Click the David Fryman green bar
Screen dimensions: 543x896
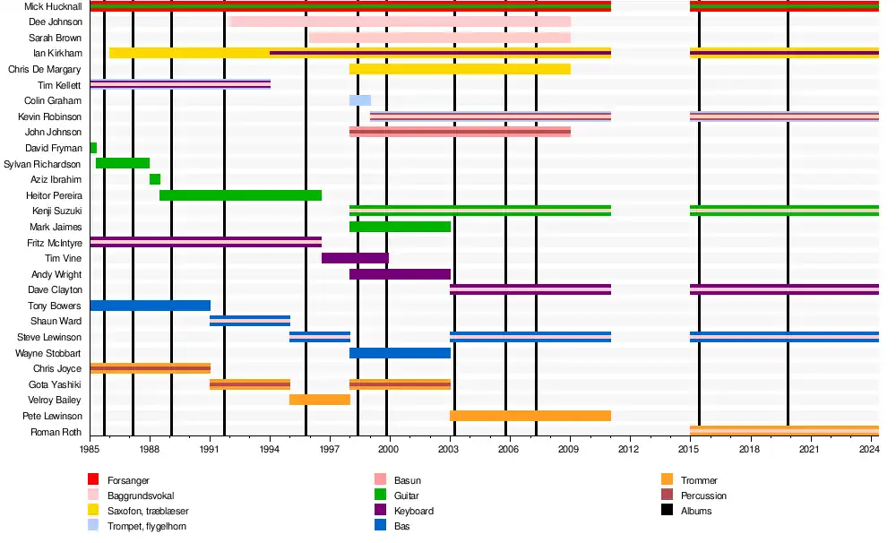[93, 148]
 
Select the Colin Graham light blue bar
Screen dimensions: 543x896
[360, 100]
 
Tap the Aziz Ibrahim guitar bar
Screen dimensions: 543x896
[155, 179]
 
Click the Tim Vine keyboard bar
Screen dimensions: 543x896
[355, 258]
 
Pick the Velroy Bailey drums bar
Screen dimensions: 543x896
[320, 400]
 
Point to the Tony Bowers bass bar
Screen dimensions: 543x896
[151, 306]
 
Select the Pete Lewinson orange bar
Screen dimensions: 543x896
[530, 416]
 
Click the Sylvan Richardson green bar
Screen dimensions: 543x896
[123, 163]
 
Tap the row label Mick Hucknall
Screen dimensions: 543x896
[54, 6]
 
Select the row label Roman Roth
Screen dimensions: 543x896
[60, 432]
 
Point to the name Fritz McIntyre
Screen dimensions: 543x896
[55, 243]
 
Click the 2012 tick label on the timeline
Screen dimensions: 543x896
[629, 448]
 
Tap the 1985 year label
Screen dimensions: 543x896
[90, 448]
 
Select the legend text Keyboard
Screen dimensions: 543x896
[414, 511]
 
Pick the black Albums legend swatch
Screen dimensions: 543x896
[667, 511]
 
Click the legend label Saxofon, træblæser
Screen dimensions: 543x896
[148, 511]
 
